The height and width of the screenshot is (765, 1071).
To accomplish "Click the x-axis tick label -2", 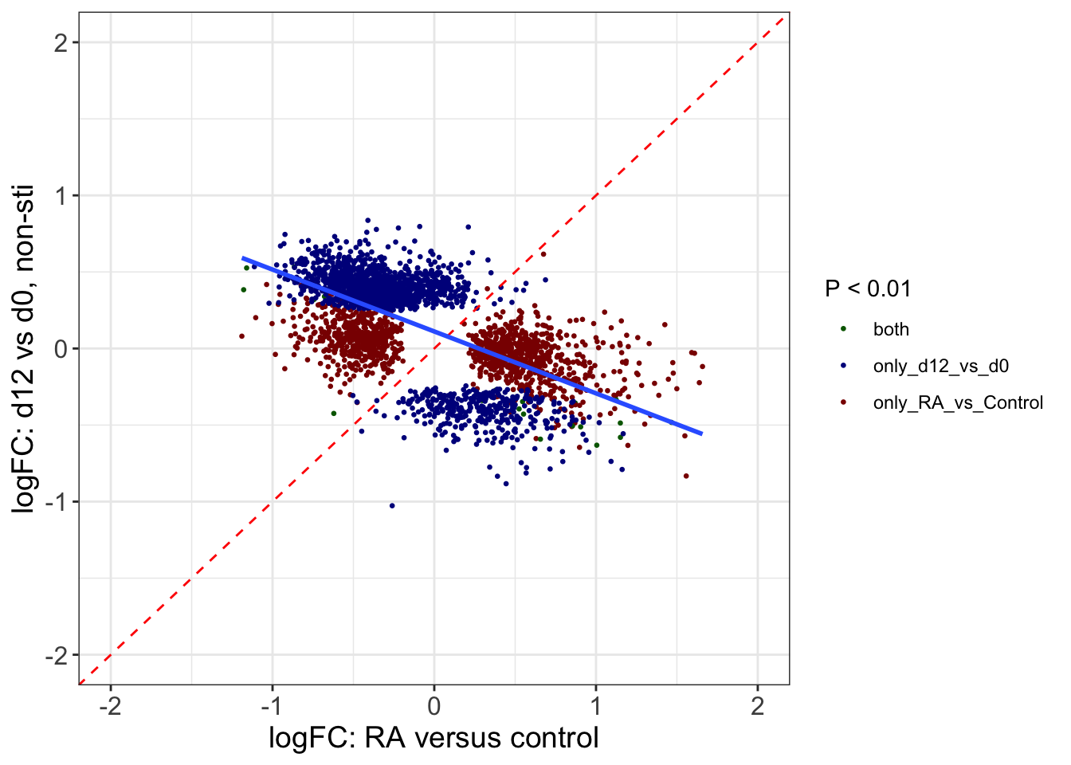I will tap(110, 706).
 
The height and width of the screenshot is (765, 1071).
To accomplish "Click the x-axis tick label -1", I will tap(272, 706).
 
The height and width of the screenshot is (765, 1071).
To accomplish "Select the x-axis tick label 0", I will tap(433, 706).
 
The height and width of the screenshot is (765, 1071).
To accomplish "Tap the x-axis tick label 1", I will tap(595, 706).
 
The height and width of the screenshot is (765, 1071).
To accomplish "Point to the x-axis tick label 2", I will tap(757, 706).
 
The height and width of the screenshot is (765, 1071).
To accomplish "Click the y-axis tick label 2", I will tap(61, 43).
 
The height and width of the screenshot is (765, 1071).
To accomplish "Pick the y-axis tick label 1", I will tap(61, 196).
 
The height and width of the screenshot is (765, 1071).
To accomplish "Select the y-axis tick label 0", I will tap(61, 349).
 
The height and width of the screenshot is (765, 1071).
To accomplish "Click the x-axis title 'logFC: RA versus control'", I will tap(433, 738).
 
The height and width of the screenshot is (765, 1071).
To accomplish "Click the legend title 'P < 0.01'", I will tap(868, 288).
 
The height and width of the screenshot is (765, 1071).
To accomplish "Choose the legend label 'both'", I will tap(891, 330).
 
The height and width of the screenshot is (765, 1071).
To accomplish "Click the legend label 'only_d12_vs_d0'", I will tap(940, 367).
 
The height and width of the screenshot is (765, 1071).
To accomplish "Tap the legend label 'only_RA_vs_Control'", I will tap(958, 403).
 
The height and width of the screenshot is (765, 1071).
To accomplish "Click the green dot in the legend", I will tap(843, 329).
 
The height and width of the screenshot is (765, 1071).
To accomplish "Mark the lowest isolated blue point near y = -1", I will tap(392, 505).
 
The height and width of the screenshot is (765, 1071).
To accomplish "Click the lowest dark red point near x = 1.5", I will tap(686, 476).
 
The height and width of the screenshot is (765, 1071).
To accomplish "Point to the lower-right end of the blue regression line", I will tap(701, 433).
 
